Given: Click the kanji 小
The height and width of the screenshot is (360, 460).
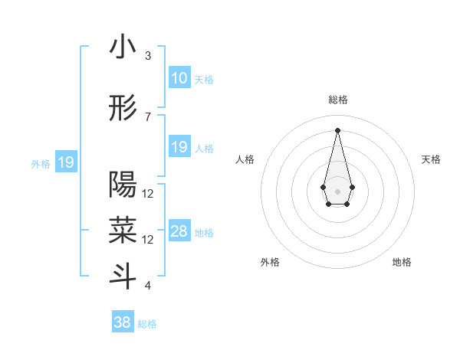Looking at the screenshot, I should point(123,47).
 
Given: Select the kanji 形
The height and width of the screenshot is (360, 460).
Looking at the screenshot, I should point(123,110).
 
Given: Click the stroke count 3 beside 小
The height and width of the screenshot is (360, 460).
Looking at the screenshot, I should point(148,56).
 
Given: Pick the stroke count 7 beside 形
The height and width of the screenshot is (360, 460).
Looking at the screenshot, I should point(148,117).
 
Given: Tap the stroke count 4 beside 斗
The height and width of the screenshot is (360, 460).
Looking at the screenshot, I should point(148,286).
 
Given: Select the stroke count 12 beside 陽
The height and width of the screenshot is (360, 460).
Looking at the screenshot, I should point(148,194).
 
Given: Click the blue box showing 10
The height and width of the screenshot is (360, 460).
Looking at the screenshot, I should point(179,78).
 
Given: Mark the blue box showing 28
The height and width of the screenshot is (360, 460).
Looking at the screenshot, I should point(179,232).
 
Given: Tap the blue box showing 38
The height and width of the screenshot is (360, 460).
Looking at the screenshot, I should point(123,322).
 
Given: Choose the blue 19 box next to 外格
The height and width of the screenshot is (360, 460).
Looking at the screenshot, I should point(66,162).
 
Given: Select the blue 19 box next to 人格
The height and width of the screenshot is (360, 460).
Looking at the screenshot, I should point(179,147).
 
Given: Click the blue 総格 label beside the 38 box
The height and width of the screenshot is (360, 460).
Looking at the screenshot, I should point(147,324).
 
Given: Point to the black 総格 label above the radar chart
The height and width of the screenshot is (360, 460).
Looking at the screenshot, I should point(337,100).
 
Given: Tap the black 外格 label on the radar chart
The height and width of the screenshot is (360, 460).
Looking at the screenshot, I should point(270,262).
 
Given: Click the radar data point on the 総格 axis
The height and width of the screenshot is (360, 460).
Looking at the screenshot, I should point(337,129).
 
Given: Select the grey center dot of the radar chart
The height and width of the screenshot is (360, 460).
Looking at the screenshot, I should point(337,190).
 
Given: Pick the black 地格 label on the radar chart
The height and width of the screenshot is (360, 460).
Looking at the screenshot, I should point(402,262).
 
